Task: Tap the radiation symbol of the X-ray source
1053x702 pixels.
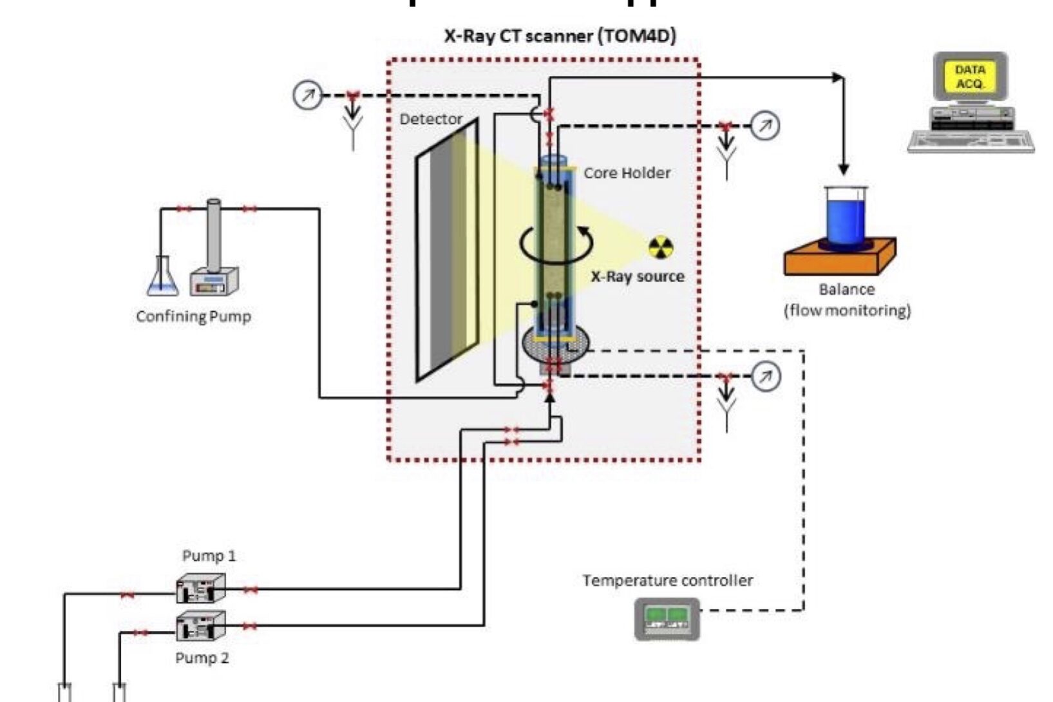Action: tap(661, 247)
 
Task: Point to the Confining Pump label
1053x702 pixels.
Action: tap(193, 316)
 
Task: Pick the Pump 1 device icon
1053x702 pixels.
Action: tap(201, 588)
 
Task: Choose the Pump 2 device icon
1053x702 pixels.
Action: tap(201, 625)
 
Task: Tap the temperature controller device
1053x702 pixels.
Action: tap(667, 619)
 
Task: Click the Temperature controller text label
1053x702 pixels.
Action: tap(667, 580)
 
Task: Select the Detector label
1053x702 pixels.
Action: tap(431, 119)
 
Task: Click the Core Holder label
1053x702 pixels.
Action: tap(627, 173)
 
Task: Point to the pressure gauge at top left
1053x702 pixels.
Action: tap(307, 95)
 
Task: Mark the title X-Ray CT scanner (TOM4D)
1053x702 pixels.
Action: tap(560, 36)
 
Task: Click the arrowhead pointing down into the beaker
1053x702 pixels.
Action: tap(843, 169)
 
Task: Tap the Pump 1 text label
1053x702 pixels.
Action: tap(209, 555)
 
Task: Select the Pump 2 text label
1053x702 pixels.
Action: tap(202, 658)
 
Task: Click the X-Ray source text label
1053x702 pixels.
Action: tap(638, 276)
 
